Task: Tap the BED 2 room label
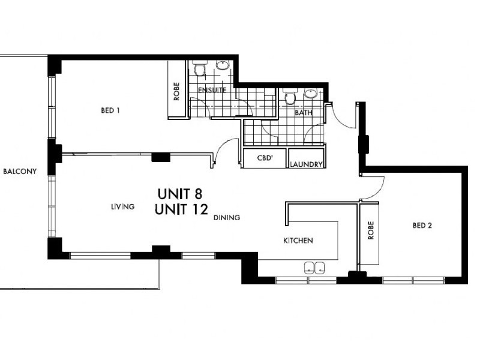(x=422, y=226)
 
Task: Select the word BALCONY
(x=20, y=171)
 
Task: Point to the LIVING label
(x=122, y=206)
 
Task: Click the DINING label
(x=227, y=218)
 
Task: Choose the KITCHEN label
(x=298, y=241)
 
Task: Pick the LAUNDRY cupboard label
(x=307, y=164)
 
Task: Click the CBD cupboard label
(x=265, y=159)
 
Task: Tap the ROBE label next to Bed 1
(x=177, y=94)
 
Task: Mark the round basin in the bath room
(x=310, y=93)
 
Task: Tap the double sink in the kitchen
(x=316, y=267)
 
